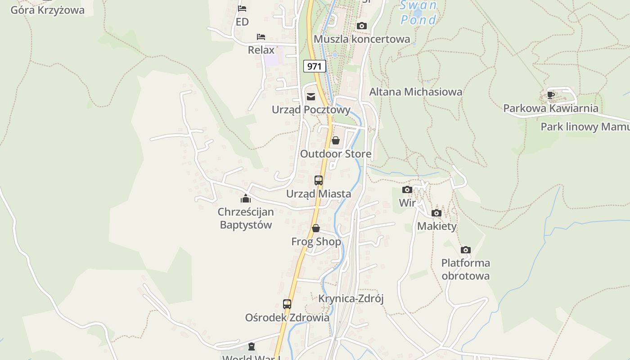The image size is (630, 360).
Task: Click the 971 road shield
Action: click(x=315, y=67)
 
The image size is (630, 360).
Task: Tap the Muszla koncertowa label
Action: click(x=362, y=39)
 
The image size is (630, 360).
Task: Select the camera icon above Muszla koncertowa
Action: click(x=361, y=26)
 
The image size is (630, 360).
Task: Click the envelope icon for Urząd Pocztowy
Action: click(x=310, y=96)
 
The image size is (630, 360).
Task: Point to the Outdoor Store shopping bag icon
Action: click(x=335, y=140)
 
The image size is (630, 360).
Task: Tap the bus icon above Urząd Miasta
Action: click(x=319, y=180)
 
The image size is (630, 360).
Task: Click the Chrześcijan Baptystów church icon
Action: click(x=246, y=198)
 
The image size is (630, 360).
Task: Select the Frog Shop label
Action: click(x=316, y=242)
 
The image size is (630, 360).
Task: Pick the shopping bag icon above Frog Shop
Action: click(x=316, y=228)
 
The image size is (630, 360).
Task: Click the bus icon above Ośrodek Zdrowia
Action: click(x=287, y=304)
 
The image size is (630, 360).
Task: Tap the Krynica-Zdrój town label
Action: click(x=351, y=299)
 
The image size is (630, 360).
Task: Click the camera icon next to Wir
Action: click(x=407, y=189)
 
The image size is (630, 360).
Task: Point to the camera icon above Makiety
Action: click(x=436, y=213)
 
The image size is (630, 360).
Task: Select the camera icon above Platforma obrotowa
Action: click(x=466, y=250)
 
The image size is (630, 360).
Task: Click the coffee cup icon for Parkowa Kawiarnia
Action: click(x=550, y=95)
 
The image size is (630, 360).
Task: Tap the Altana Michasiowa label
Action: click(x=416, y=92)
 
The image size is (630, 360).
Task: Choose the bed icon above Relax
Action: click(x=261, y=36)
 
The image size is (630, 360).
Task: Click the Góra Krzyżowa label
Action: click(x=47, y=10)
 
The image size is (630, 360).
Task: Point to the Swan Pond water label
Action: click(x=418, y=13)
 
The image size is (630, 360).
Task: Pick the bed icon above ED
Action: click(x=242, y=8)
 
